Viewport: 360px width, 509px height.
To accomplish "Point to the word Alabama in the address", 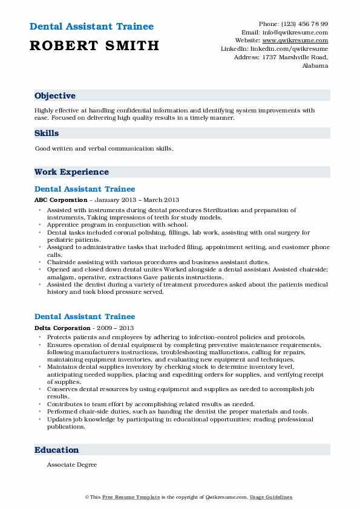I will [x=315, y=66].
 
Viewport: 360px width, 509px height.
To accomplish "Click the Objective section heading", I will [x=55, y=96].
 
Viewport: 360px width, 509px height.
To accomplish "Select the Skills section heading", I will [x=47, y=133].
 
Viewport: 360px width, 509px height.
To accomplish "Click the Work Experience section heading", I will [x=71, y=172].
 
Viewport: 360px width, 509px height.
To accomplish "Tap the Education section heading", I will [x=57, y=450].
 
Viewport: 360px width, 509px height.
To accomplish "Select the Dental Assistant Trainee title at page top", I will [x=91, y=27].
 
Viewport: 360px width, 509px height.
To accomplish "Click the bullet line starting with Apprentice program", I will [x=109, y=224].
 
